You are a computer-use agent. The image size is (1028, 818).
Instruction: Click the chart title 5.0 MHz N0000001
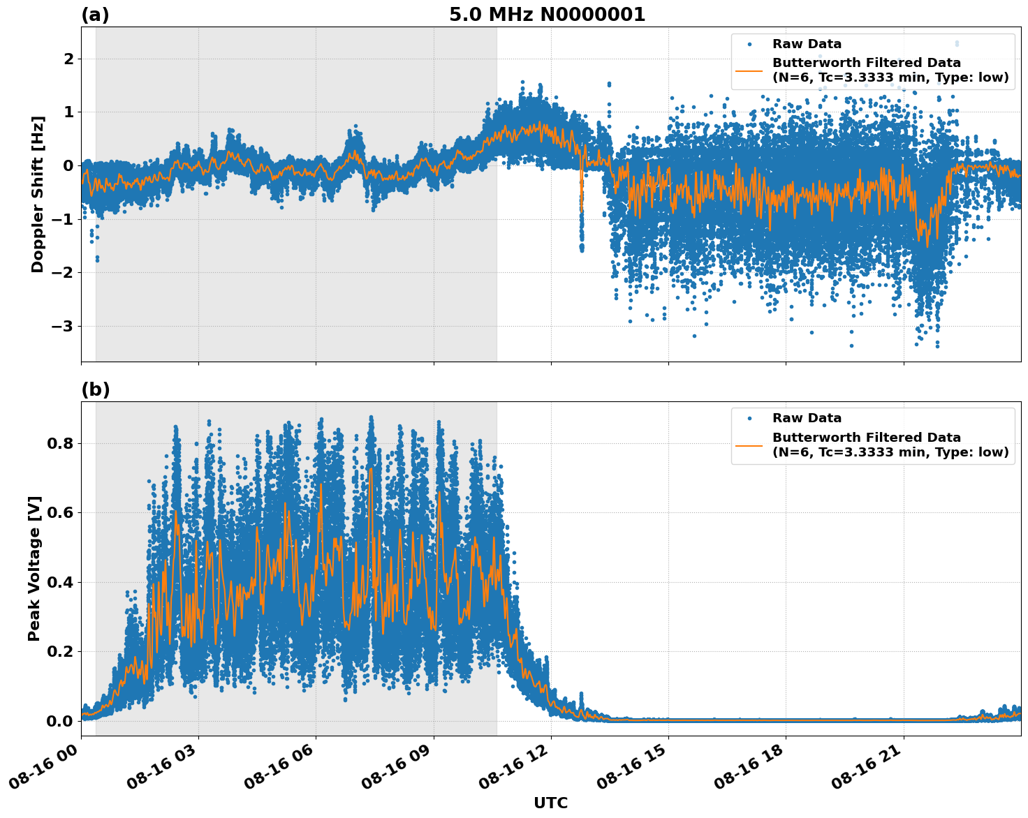click(547, 15)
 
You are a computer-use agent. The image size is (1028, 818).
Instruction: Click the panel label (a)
click(95, 15)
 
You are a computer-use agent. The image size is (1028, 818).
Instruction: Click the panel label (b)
click(95, 389)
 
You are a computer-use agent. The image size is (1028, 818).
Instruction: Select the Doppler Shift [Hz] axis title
click(38, 194)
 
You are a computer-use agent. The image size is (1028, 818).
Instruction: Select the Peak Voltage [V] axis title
click(34, 568)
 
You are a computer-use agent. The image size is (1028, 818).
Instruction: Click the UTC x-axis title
click(550, 803)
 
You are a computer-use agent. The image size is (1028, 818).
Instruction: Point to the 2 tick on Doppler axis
click(68, 59)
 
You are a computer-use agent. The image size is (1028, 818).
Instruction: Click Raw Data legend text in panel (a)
click(807, 44)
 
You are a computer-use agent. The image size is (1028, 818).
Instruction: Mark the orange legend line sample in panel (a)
click(749, 70)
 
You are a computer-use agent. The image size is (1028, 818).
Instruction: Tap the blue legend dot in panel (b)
click(749, 418)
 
